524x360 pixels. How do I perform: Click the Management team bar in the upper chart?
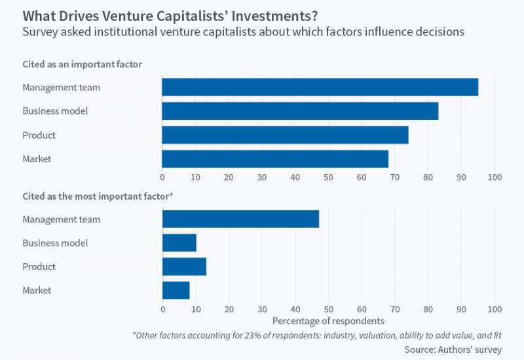tap(320, 87)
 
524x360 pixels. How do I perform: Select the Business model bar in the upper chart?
tap(300, 111)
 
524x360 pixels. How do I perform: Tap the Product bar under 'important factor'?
tap(285, 135)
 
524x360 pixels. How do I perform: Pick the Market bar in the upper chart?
tap(275, 159)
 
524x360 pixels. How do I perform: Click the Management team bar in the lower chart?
tap(240, 219)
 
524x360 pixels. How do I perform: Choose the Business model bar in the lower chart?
tap(179, 243)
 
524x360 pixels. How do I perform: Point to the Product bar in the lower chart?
tap(184, 266)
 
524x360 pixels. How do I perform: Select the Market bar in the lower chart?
tap(176, 290)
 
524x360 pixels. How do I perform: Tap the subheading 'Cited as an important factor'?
tap(83, 63)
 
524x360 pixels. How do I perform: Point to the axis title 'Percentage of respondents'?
tap(328, 321)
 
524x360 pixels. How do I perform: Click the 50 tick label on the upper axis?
tap(328, 177)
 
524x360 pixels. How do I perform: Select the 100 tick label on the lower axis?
tap(495, 308)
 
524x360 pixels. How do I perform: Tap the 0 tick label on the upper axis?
tap(162, 177)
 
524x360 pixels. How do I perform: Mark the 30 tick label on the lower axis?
tap(262, 308)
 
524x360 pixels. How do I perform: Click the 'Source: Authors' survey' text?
tap(453, 350)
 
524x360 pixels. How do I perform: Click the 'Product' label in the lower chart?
tap(39, 266)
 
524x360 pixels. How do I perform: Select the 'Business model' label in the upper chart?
tap(55, 111)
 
